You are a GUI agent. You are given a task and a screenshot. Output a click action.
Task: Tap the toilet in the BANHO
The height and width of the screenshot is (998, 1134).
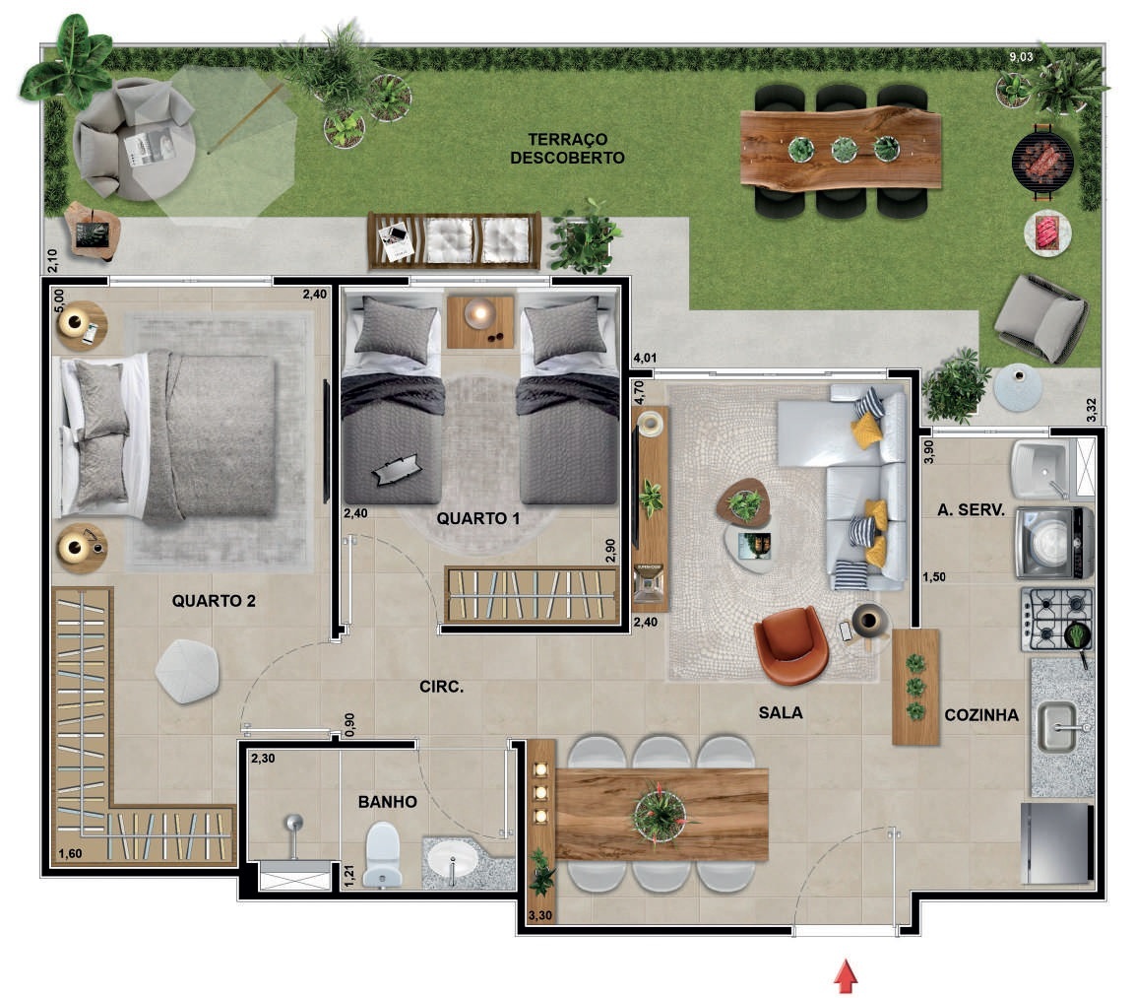[383, 855]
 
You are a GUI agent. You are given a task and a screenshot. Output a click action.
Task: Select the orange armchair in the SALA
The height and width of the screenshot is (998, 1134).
[790, 645]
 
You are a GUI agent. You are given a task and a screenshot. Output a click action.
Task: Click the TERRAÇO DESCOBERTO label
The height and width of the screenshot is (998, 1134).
[567, 149]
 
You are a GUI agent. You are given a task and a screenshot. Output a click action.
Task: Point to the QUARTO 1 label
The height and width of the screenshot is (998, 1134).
[478, 518]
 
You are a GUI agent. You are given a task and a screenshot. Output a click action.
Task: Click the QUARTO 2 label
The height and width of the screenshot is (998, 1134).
[214, 601]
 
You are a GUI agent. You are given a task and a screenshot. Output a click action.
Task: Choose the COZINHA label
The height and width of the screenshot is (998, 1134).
[981, 715]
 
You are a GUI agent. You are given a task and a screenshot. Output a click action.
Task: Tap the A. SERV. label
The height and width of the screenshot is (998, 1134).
[972, 510]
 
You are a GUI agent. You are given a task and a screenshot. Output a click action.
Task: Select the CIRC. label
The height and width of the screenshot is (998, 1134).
[442, 687]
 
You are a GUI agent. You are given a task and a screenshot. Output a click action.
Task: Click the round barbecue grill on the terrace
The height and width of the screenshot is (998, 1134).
[1042, 161]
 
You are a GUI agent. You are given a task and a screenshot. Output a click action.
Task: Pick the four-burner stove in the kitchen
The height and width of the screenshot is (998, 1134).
[1057, 620]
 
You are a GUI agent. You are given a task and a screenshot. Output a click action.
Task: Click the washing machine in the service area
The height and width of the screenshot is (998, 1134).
[1054, 543]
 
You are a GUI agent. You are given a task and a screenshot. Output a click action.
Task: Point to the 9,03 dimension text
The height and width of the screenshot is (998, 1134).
[1021, 56]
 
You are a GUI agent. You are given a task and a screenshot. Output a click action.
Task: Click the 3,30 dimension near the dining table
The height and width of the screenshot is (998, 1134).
[540, 915]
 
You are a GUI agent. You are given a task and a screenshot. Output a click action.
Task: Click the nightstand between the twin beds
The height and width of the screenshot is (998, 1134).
[480, 321]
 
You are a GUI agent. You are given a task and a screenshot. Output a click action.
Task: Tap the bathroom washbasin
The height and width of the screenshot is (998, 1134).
[452, 861]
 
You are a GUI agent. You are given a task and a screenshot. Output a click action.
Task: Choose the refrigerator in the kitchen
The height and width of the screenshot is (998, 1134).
[1056, 842]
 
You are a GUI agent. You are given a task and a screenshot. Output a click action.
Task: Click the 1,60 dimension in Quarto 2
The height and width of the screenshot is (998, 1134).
[70, 854]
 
